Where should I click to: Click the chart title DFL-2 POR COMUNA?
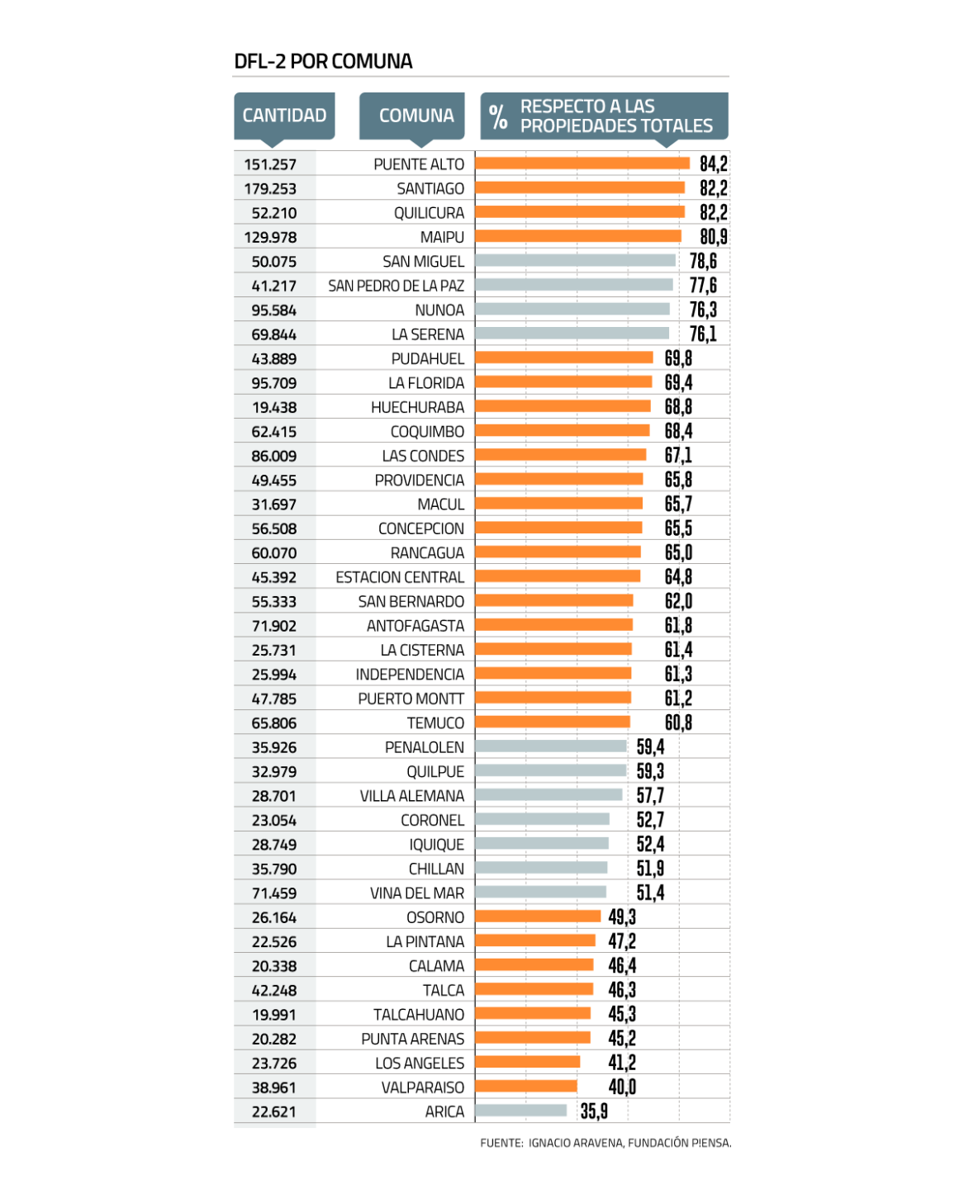[x=323, y=61]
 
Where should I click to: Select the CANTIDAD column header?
[x=284, y=116]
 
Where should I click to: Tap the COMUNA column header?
[x=416, y=116]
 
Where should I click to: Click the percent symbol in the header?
[x=498, y=117]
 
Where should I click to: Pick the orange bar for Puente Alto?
[x=582, y=163]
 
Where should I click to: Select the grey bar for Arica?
[x=521, y=1111]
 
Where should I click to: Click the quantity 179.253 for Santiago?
[x=270, y=189]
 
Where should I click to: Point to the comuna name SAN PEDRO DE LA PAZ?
[x=396, y=286]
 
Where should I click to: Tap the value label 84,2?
[x=714, y=163]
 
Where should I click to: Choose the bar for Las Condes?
[x=560, y=455]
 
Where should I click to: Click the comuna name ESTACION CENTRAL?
[x=400, y=577]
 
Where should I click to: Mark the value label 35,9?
[x=594, y=1111]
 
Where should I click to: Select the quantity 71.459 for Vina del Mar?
[x=274, y=893]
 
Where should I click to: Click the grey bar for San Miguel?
[x=575, y=261]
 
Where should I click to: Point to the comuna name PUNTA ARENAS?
[x=412, y=1039]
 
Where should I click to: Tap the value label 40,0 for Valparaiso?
[x=622, y=1087]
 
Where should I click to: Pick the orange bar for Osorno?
[x=538, y=917]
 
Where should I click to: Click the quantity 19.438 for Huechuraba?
[x=274, y=407]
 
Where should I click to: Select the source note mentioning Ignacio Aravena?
[x=605, y=1143]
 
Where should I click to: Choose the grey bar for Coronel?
[x=542, y=819]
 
